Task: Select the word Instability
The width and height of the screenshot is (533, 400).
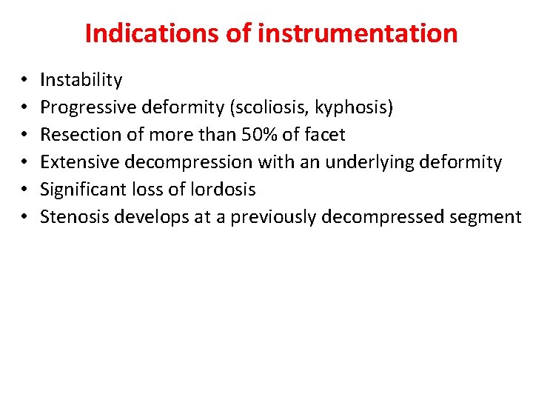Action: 81,80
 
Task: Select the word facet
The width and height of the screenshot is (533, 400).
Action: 325,135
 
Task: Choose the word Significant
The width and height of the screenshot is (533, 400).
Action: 81,190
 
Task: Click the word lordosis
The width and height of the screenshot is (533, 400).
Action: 226,190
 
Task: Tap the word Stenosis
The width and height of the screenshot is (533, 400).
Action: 72,217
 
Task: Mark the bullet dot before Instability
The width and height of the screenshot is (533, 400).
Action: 24,80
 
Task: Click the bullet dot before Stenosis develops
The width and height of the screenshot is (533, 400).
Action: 24,217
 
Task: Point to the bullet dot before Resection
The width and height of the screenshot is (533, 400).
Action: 24,135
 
